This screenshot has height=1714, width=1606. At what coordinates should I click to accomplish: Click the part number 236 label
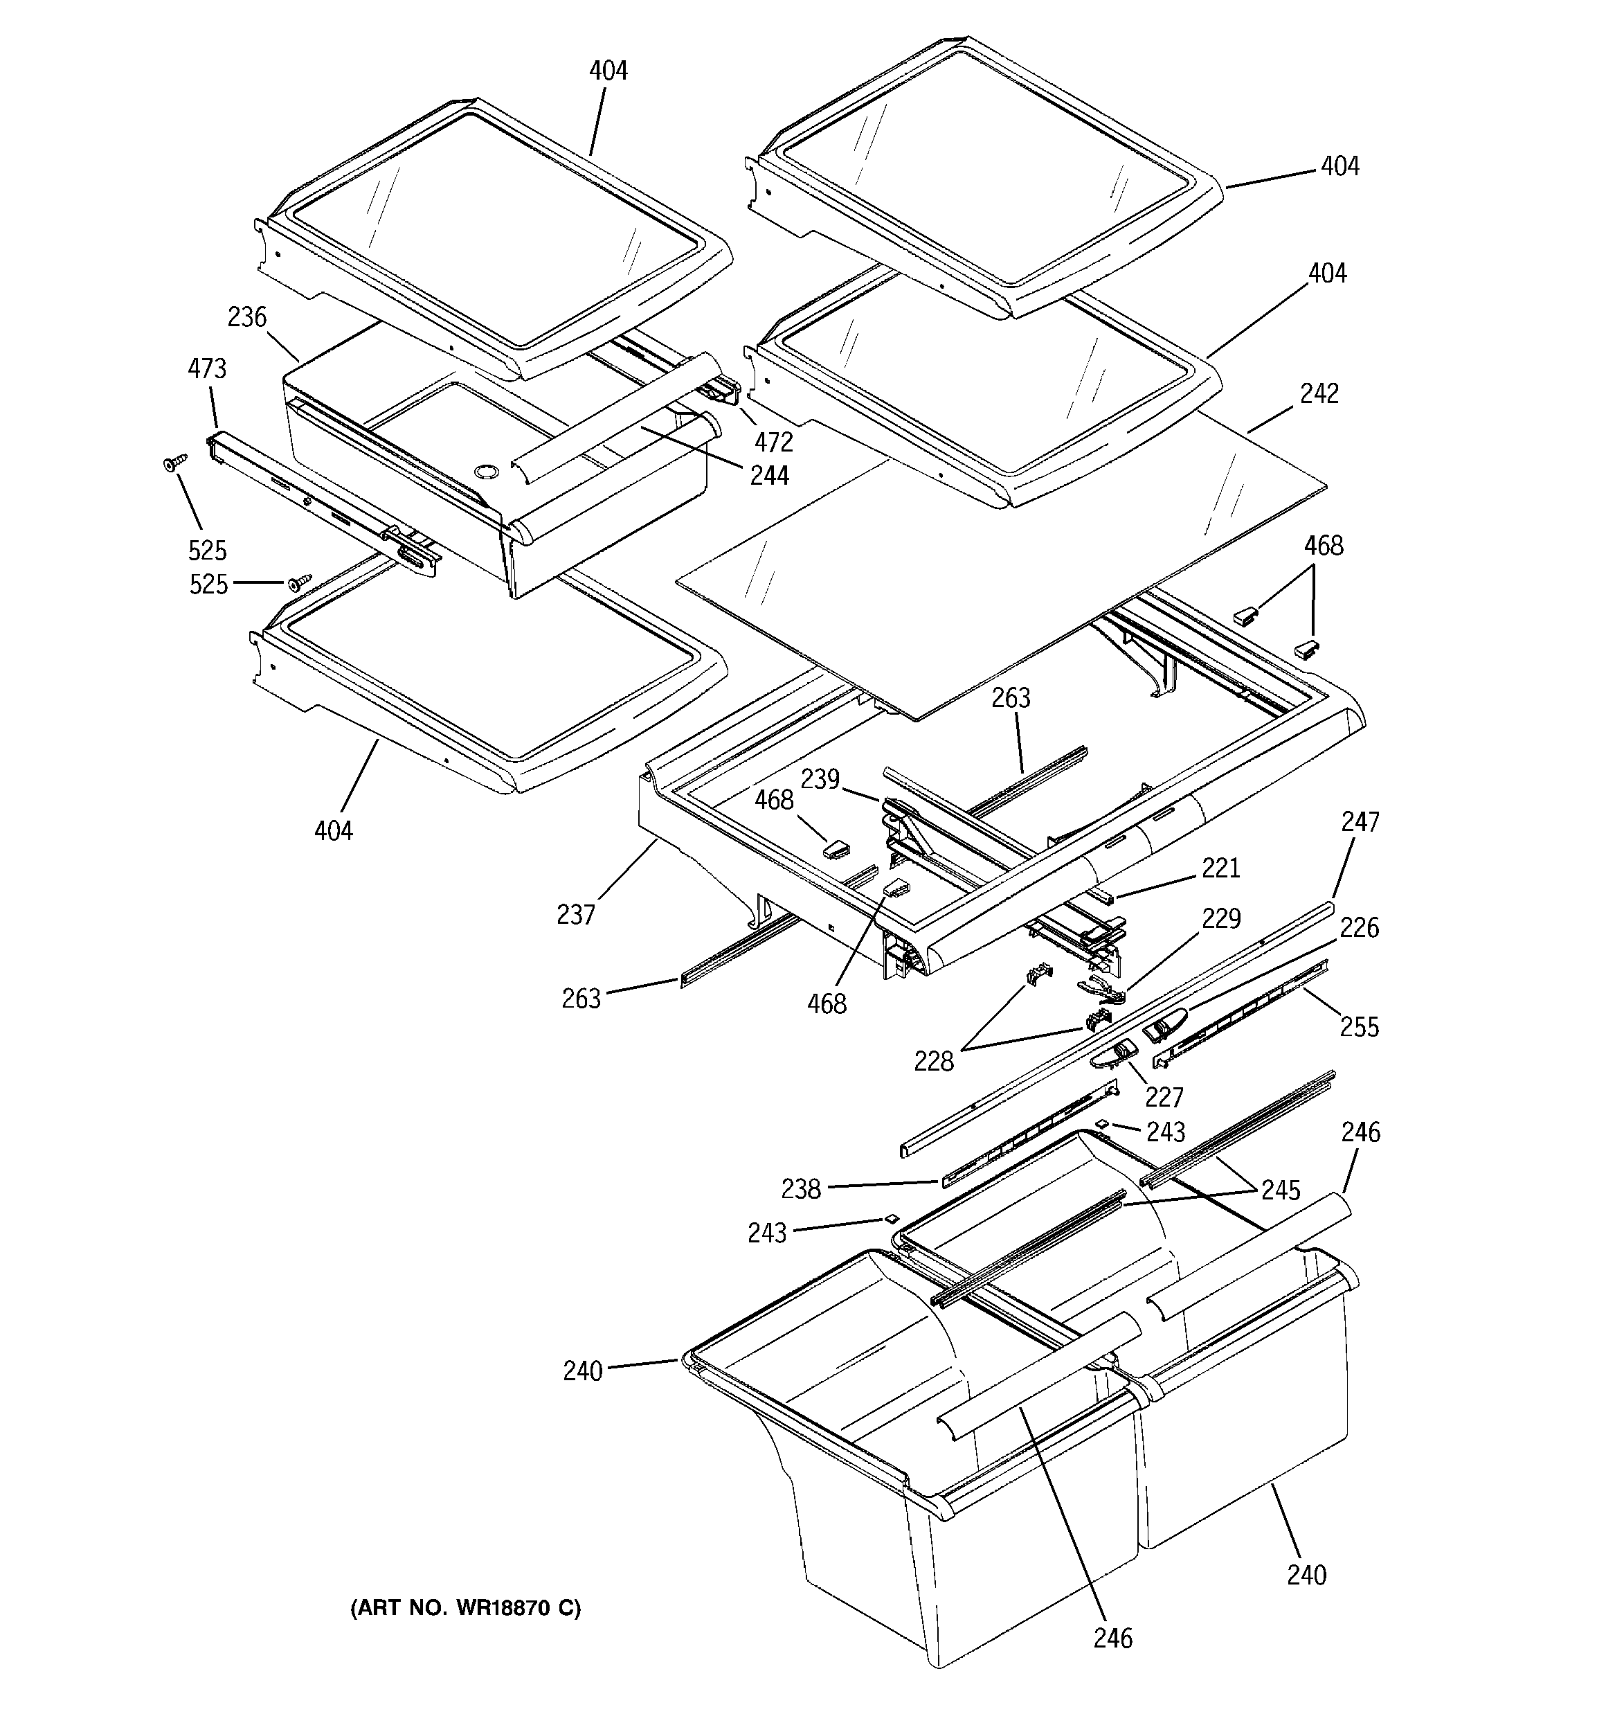point(246,317)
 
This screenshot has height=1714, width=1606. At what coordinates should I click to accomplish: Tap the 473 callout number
point(207,368)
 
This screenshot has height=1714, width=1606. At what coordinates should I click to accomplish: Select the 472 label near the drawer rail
point(773,443)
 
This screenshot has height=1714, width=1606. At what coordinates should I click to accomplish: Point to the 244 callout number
point(769,475)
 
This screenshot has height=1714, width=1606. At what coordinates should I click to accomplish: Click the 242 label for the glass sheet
point(1319,393)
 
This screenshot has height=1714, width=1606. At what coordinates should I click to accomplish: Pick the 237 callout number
point(576,914)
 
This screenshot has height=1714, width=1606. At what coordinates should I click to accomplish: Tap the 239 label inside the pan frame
point(820,779)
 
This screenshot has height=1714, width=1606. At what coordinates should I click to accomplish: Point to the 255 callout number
point(1360,1027)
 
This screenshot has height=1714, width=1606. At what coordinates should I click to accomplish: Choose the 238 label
point(801,1189)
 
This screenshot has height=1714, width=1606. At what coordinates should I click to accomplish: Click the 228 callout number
point(935,1062)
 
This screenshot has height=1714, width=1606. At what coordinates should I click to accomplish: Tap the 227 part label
point(1164,1097)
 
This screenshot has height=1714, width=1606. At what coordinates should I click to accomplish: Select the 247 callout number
point(1360,821)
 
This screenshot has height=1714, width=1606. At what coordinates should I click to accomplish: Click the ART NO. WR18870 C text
point(465,1607)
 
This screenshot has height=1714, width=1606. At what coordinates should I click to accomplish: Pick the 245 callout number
point(1280,1190)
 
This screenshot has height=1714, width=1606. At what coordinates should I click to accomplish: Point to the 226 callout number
point(1360,928)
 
